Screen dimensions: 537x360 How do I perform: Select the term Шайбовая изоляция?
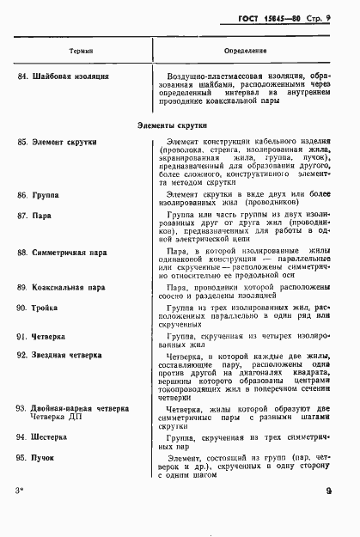click(x=76, y=77)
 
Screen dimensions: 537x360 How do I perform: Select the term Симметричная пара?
click(x=75, y=253)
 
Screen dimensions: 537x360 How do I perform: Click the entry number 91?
click(x=21, y=339)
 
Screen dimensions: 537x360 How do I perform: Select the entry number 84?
click(x=21, y=77)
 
